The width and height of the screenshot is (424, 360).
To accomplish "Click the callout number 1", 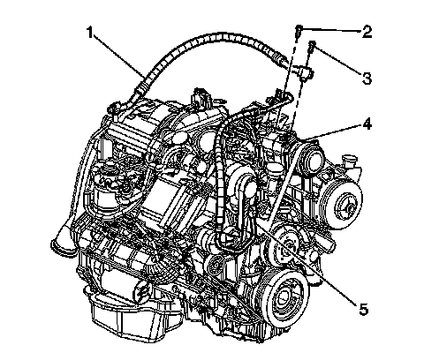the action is [90, 33].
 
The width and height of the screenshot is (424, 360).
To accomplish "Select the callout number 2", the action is [367, 32].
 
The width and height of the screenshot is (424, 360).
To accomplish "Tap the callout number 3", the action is [367, 79].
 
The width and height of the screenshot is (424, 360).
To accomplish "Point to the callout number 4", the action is [367, 124].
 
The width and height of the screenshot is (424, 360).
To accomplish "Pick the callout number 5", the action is [364, 309].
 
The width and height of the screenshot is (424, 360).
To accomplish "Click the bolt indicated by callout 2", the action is [299, 31].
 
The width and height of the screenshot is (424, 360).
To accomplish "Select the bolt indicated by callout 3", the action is [312, 47].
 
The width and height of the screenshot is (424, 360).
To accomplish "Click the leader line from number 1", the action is [119, 56].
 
